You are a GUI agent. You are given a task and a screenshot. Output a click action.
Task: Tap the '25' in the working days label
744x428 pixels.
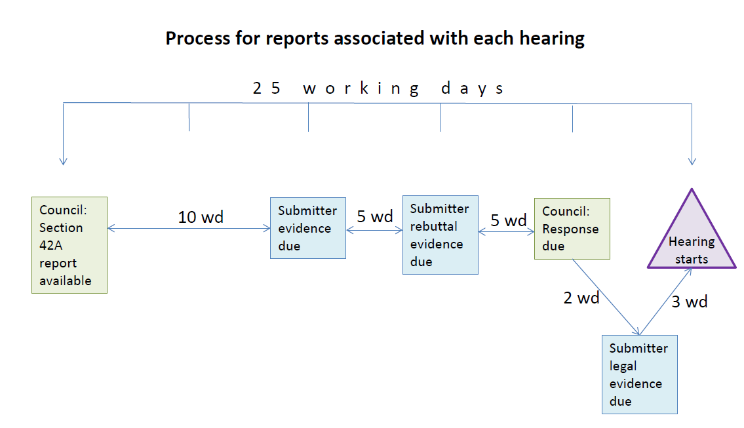click(x=267, y=88)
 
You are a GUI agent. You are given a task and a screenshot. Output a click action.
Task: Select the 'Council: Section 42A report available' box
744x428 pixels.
click(x=69, y=245)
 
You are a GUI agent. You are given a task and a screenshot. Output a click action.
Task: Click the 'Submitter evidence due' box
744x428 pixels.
click(x=308, y=228)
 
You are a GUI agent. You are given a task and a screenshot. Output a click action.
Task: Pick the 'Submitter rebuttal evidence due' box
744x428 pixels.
click(x=440, y=235)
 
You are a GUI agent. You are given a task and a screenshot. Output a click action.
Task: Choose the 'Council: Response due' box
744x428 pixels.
click(x=572, y=229)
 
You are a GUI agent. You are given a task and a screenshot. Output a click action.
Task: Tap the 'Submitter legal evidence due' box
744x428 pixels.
click(x=639, y=374)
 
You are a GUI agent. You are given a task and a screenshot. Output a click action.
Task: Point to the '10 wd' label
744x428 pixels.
click(x=201, y=217)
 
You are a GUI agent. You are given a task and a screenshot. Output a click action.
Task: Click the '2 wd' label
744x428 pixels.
click(x=581, y=298)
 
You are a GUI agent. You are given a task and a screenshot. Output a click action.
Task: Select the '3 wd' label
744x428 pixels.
click(x=690, y=302)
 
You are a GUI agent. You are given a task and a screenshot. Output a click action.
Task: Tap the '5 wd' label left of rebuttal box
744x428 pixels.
click(x=374, y=217)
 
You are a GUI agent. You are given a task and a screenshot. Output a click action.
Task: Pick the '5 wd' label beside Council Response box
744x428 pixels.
click(x=509, y=221)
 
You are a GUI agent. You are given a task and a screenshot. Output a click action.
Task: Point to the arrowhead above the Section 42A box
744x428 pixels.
click(x=63, y=161)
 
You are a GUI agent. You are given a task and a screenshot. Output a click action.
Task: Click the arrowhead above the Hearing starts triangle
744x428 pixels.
click(x=692, y=161)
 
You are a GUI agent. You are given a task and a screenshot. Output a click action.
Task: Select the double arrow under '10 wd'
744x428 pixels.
click(x=189, y=228)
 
